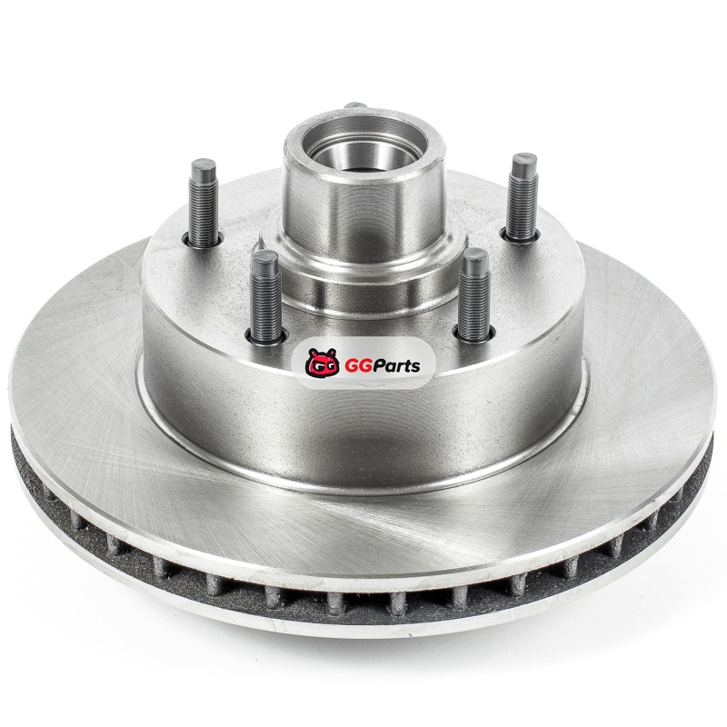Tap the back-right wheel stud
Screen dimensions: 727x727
[x=521, y=196]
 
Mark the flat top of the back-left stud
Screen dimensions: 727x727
[x=204, y=164]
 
